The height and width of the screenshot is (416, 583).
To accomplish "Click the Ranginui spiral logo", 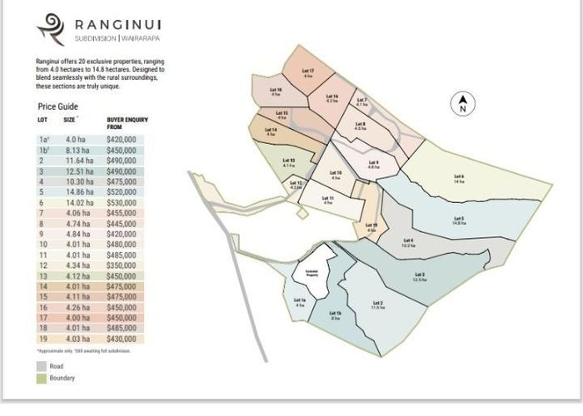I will [50, 28].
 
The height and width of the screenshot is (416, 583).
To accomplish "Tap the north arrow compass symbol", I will [463, 105].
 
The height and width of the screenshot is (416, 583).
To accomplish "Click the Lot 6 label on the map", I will [459, 178].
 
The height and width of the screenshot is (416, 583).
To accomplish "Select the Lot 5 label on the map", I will [459, 220].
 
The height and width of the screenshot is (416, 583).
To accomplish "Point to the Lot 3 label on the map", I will [420, 276].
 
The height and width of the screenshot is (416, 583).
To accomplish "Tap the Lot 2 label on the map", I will [378, 305].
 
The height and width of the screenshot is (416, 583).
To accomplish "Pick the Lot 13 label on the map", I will [288, 162].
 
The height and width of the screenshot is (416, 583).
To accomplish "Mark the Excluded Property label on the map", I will [311, 272].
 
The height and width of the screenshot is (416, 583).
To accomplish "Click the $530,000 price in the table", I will [121, 201].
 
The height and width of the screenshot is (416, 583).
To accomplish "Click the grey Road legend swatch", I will [42, 365].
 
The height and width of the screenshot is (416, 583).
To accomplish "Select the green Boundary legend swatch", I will [42, 378].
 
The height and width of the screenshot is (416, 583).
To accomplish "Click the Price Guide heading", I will [58, 106].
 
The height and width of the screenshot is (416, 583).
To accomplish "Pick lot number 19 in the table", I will [42, 339].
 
